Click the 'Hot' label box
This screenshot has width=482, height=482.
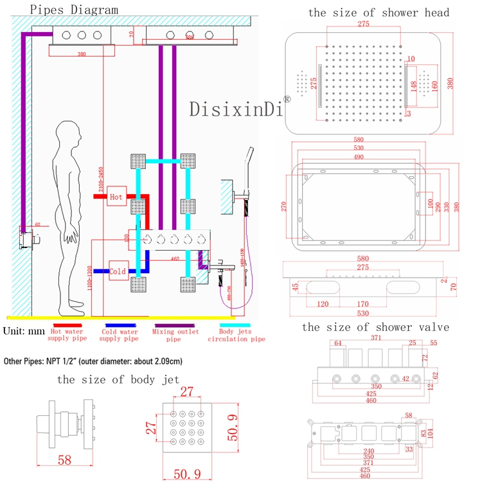point(117,196)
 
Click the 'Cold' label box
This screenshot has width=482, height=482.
point(118,271)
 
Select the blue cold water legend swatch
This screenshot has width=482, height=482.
point(120,325)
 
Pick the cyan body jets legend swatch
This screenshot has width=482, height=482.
point(226,325)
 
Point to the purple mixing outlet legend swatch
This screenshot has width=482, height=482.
point(174,325)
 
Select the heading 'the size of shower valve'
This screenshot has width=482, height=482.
point(375,327)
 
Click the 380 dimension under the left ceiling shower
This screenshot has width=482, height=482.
point(81,55)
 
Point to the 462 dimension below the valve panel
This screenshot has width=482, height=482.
point(174,258)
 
